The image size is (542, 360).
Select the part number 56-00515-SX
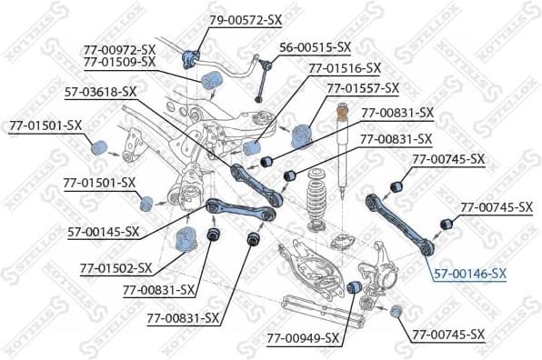[x=315, y=45]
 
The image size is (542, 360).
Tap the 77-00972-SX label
[x=120, y=49]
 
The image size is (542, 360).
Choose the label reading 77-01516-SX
[x=345, y=67]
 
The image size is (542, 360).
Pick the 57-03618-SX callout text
[x=100, y=92]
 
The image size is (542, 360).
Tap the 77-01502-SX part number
[x=115, y=268]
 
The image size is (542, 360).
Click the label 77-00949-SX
[x=302, y=337]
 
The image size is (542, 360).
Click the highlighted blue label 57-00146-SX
[x=470, y=273]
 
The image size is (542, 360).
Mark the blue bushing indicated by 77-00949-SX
[x=357, y=289]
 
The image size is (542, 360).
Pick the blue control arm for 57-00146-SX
[x=400, y=218]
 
